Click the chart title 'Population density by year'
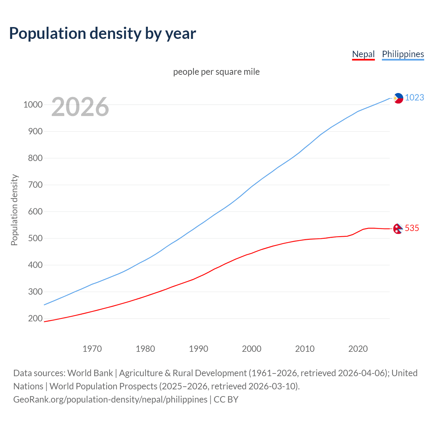click(102, 33)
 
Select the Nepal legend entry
click(363, 54)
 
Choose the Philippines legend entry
click(403, 54)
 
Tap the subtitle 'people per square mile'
click(216, 72)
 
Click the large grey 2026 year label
click(80, 107)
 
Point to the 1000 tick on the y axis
click(33, 105)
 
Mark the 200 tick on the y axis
click(35, 318)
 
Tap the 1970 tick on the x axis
click(92, 349)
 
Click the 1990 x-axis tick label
click(199, 349)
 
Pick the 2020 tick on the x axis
click(358, 349)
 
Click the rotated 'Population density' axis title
click(14, 210)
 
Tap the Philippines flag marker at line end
click(398, 98)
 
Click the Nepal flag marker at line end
click(397, 229)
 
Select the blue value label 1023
click(414, 97)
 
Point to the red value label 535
click(412, 228)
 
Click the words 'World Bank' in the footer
click(90, 373)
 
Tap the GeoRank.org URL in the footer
click(110, 399)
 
